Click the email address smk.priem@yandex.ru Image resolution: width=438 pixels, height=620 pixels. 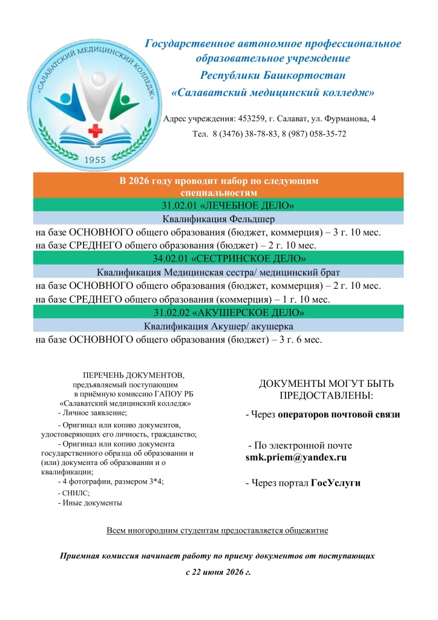296,458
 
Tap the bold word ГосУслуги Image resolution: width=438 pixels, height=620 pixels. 336,483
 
